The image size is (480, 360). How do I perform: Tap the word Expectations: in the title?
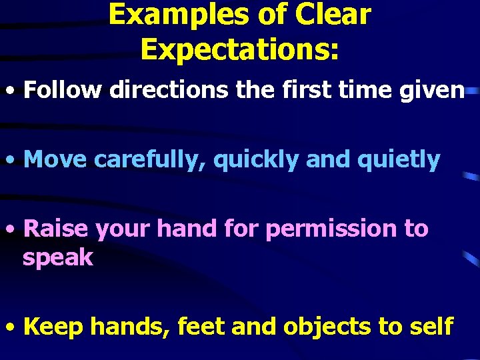tap(240, 49)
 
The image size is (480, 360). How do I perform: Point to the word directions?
tap(168, 91)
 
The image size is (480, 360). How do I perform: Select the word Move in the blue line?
tap(55, 159)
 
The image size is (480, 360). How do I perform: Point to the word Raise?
tap(56, 229)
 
